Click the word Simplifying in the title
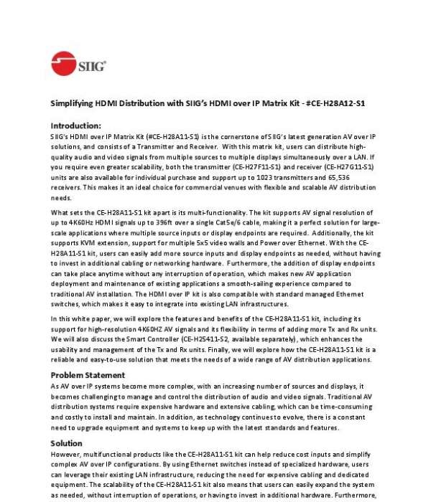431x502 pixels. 71,103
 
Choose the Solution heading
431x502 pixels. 67,443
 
